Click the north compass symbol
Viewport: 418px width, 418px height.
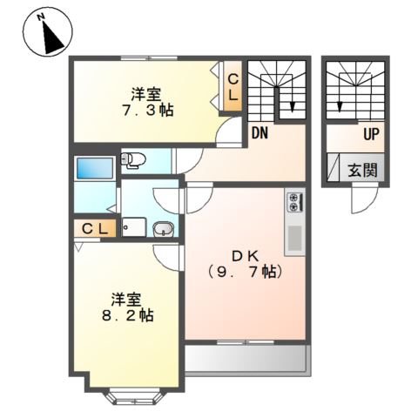[48, 34]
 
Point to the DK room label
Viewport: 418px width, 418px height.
[245, 255]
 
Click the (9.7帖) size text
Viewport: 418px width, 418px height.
[245, 273]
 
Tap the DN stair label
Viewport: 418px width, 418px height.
[260, 133]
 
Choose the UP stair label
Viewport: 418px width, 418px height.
[370, 135]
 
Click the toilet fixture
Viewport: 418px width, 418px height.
[131, 159]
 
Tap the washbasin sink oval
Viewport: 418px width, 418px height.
[163, 230]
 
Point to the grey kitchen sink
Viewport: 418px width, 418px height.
[294, 238]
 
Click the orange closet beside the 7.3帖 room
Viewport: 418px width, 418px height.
[233, 88]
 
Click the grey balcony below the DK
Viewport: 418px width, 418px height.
[247, 359]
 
